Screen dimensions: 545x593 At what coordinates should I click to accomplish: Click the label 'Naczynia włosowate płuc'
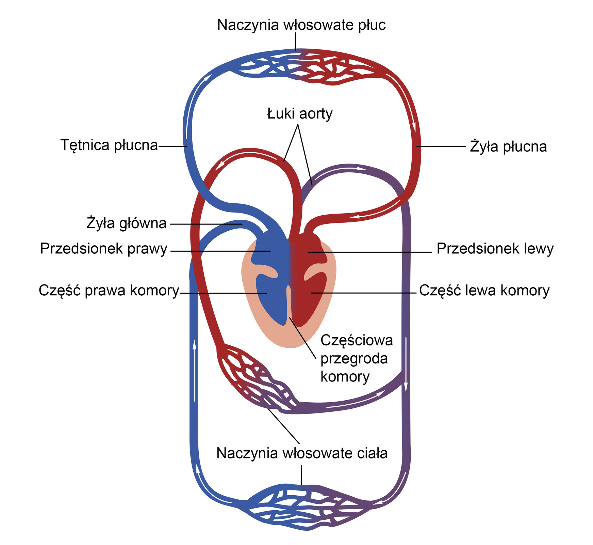coord(301,25)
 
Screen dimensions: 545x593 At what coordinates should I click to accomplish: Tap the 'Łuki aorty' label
coord(299,114)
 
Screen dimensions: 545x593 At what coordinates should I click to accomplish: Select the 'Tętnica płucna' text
coord(109,145)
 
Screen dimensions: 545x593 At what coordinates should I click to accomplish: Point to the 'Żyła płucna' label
coord(508,147)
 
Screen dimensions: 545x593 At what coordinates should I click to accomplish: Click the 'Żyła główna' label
coord(127,223)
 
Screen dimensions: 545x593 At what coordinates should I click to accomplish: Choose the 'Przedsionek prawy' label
coord(104,249)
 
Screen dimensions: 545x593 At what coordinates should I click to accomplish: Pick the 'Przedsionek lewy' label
coord(495,249)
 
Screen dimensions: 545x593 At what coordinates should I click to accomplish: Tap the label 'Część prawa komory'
coord(109,291)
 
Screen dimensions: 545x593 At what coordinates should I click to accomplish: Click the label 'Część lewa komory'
coord(484,291)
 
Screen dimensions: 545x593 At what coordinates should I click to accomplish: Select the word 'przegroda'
coord(354,359)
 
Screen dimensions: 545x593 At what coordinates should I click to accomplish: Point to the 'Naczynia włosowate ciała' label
coord(302,453)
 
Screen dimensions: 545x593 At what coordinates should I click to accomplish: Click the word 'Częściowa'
coord(357,340)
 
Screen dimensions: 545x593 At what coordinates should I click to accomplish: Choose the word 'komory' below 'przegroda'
coord(345,377)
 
